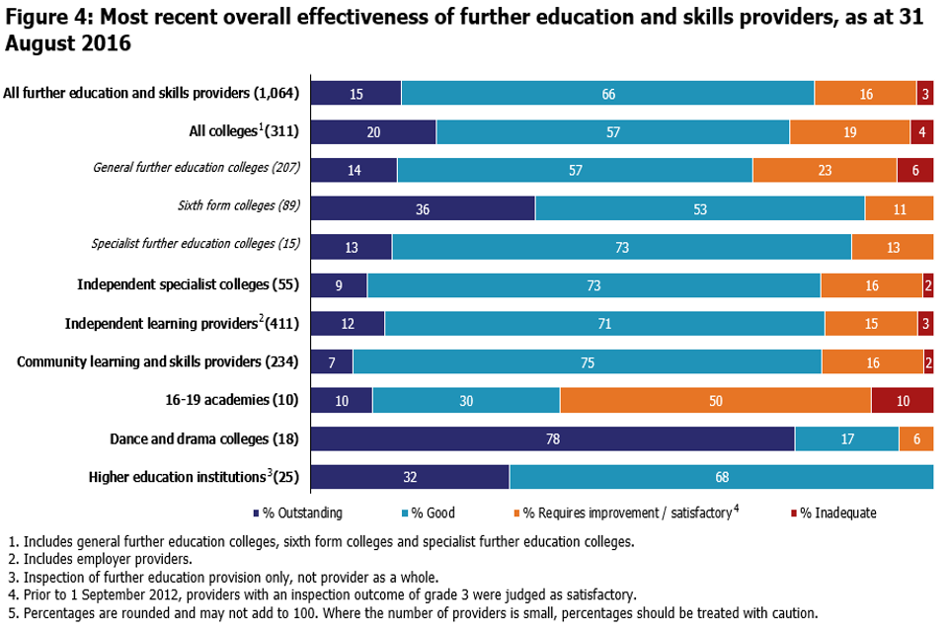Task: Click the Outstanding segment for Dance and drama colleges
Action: click(553, 438)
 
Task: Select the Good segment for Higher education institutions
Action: click(722, 477)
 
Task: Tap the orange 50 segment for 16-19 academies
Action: click(715, 400)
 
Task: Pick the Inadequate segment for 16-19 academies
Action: click(903, 400)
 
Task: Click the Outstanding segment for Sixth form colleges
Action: click(424, 208)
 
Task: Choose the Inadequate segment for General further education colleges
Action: click(915, 170)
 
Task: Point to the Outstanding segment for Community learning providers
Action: click(332, 362)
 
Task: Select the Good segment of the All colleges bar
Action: click(613, 131)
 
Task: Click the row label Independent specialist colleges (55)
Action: click(189, 285)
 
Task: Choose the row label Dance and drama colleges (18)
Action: click(204, 438)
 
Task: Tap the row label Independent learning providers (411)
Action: click(183, 324)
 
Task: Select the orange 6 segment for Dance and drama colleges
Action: click(916, 438)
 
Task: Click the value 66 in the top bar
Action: click(608, 94)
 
